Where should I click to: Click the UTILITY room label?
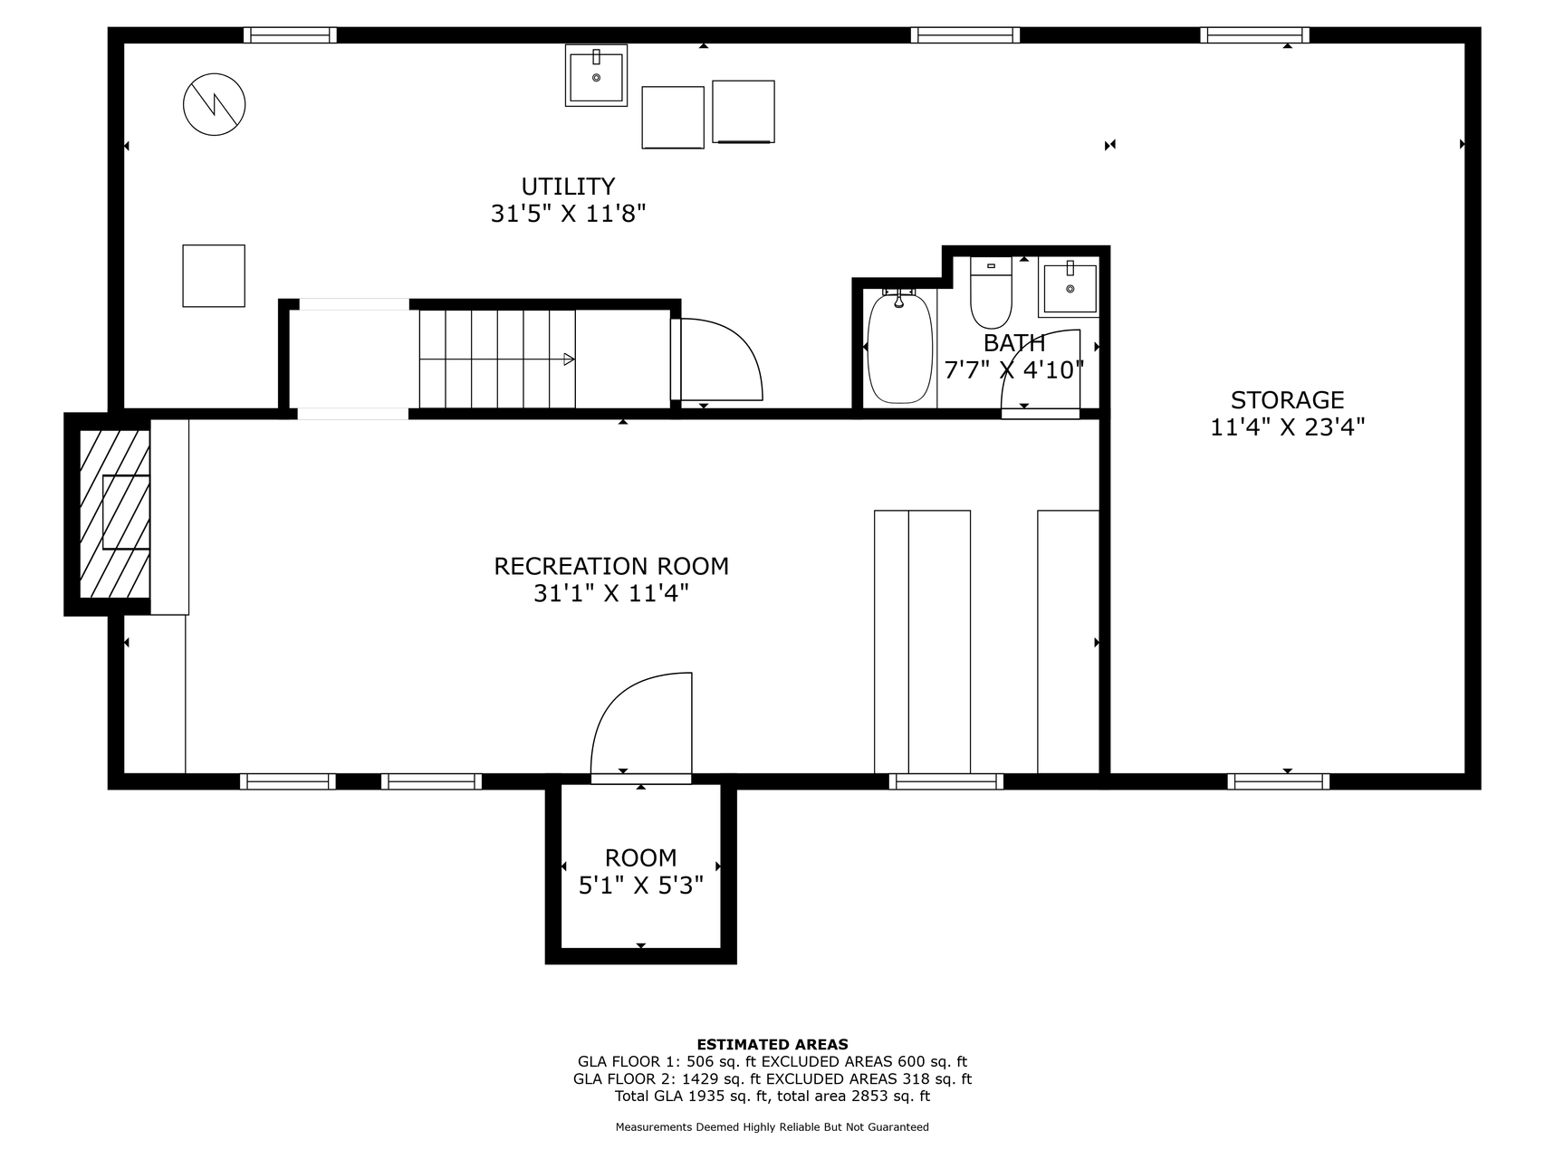click(x=568, y=187)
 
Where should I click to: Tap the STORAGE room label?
click(x=1287, y=400)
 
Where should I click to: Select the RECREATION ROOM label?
click(x=611, y=567)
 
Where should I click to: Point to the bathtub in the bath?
click(x=899, y=347)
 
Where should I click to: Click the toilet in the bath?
click(x=991, y=292)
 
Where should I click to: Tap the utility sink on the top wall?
click(x=596, y=75)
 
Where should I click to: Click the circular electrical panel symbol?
click(x=215, y=105)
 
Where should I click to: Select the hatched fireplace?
click(x=114, y=513)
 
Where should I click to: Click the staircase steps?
click(x=497, y=359)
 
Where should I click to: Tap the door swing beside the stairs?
click(x=721, y=359)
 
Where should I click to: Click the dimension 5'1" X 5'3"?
click(x=641, y=886)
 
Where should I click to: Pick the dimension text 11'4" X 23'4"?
click(x=1287, y=427)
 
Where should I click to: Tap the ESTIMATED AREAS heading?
click(x=772, y=1044)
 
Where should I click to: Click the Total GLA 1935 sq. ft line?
click(x=772, y=1096)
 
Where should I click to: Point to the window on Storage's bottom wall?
click(x=1279, y=781)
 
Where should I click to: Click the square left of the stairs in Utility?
click(x=214, y=276)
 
